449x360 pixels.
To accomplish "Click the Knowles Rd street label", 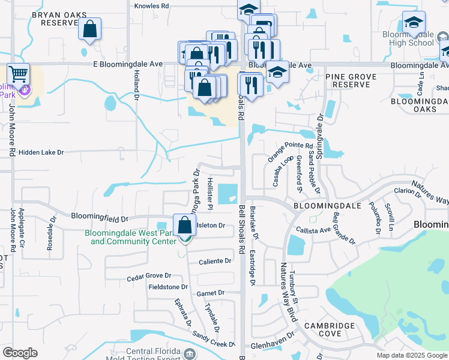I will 152,5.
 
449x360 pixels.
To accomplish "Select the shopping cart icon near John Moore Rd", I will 18,75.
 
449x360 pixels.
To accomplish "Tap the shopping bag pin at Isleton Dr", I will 185,226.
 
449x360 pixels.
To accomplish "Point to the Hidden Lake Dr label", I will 41,153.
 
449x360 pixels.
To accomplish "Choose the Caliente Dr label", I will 215,261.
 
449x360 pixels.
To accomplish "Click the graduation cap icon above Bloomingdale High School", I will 413,22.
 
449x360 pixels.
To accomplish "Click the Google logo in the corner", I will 20,353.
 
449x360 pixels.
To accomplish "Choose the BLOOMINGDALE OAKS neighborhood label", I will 420,106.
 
